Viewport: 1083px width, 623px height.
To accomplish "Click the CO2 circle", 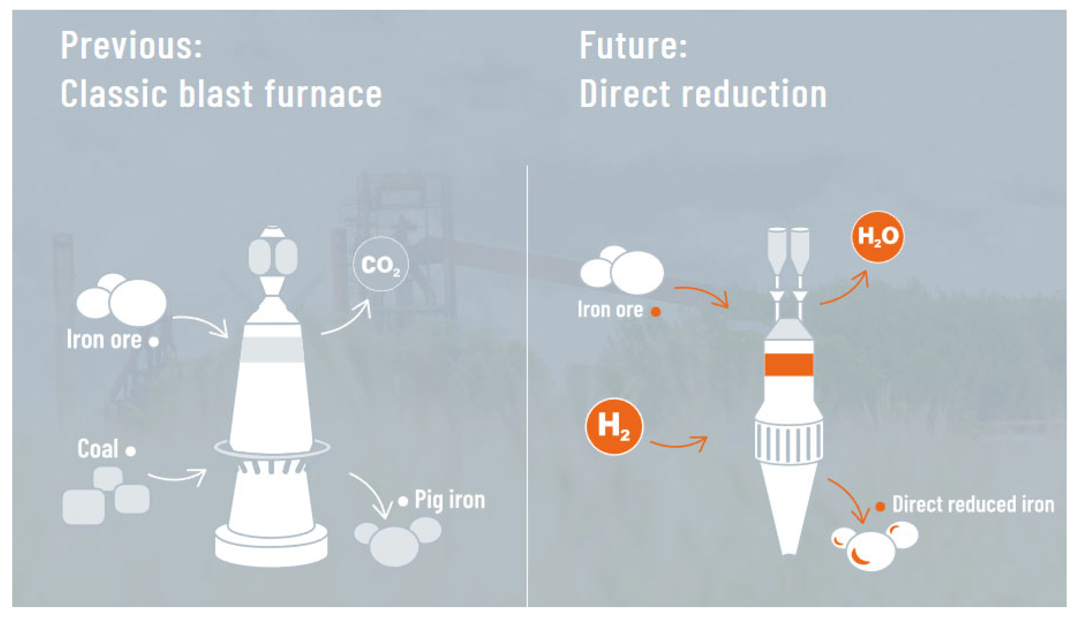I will [x=380, y=264].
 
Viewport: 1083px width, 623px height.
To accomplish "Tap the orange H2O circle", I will [x=877, y=236].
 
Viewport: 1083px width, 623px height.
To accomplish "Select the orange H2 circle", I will [x=614, y=426].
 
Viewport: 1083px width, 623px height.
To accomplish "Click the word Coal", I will [x=98, y=449].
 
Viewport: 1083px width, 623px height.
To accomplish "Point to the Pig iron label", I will [x=450, y=500].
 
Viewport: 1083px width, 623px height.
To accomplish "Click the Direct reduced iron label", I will [x=973, y=504].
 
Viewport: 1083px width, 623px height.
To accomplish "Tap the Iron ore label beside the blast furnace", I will [x=104, y=340].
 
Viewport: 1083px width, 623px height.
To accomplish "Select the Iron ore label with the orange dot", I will [x=610, y=309].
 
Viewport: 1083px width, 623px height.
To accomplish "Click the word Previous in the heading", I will [x=131, y=45].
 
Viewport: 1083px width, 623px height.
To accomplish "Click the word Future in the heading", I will [x=633, y=45].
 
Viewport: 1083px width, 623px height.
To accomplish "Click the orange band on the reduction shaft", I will [x=789, y=365].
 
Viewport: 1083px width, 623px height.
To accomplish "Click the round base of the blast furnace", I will [x=271, y=548].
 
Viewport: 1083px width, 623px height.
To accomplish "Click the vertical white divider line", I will [x=527, y=385].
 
